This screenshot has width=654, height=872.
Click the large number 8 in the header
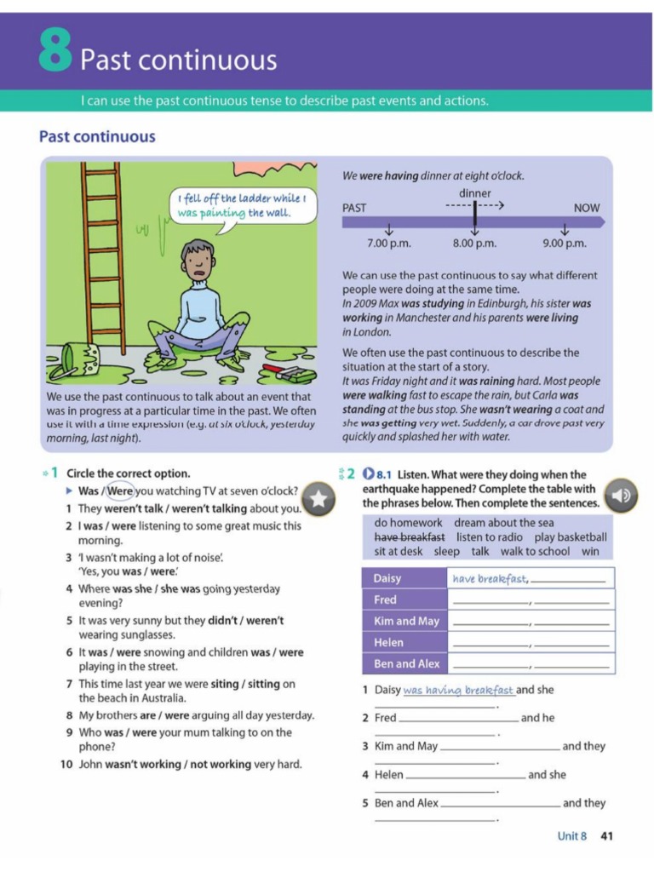55,53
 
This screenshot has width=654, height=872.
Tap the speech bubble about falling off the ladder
240,205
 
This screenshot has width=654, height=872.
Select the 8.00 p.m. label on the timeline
474,244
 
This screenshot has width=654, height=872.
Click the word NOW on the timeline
587,208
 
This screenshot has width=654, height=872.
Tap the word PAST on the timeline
354,208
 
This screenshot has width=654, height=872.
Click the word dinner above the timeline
474,193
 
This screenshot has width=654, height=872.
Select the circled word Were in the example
120,491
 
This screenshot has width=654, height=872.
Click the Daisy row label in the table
387,579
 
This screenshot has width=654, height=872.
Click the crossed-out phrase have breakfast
410,537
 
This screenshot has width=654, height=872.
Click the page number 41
606,836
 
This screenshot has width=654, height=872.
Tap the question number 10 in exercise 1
66,765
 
